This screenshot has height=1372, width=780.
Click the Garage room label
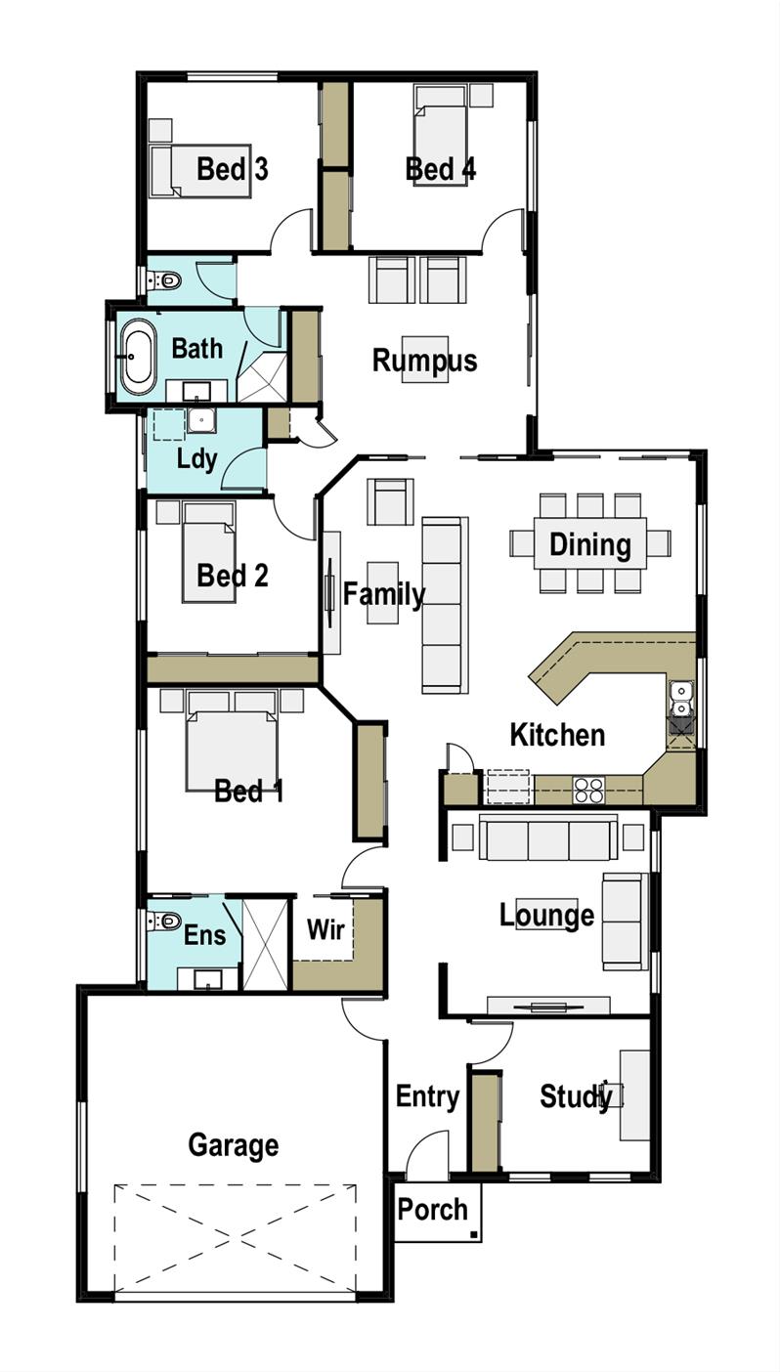[233, 1144]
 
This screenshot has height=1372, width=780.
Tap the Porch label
[432, 1210]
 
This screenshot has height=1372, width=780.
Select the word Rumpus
[424, 361]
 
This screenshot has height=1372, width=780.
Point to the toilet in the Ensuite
[165, 921]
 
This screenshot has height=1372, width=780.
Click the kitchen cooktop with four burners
[588, 790]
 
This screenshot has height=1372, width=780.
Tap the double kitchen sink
[680, 700]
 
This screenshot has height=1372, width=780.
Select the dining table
[589, 543]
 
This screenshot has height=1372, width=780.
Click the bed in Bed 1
[232, 748]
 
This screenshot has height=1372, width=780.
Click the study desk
[634, 1095]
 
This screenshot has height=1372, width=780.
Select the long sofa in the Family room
[442, 606]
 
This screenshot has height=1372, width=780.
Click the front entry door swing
[426, 1155]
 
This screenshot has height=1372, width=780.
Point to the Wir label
[325, 929]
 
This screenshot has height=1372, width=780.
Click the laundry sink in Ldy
[202, 421]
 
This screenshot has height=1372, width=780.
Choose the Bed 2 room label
[232, 576]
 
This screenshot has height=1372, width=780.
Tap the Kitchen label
[557, 735]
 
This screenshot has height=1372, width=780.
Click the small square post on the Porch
[474, 1235]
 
